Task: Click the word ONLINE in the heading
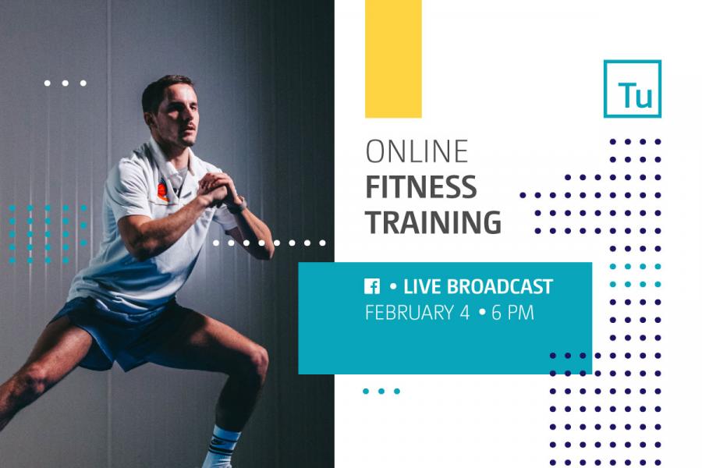417,151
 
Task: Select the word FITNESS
421,186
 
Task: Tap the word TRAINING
434,222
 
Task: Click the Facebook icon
372,286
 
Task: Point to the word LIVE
422,286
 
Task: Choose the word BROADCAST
500,286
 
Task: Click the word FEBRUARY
409,313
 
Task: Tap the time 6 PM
512,313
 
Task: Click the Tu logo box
632,89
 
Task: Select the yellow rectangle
393,58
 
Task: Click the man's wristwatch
238,206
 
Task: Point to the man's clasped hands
217,187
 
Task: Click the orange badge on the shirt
163,191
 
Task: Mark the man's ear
149,122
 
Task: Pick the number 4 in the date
464,313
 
